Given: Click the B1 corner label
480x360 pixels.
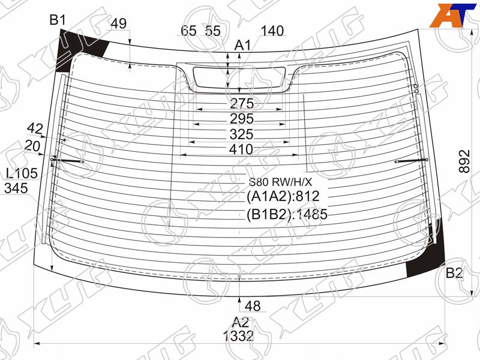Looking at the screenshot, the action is pos(58,20).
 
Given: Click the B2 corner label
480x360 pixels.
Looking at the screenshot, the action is pos(454,272).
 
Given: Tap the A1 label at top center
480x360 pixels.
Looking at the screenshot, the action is pos(242,46).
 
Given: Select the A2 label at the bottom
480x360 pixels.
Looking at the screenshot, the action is pos(241,322).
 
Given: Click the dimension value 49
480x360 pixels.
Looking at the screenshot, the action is pos(119,23).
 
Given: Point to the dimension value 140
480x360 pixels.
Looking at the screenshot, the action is pos(272,31).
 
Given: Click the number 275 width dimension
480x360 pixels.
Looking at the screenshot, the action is pos(242,103).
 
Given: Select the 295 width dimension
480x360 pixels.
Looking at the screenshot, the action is pos(242,119).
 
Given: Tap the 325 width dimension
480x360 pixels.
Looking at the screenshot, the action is pos(242,134).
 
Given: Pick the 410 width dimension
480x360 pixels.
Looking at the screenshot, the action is pos(241,149).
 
